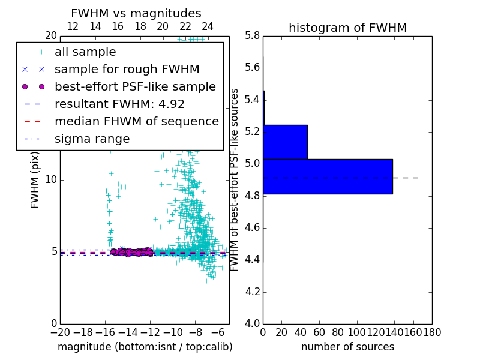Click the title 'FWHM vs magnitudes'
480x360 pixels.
[136, 13]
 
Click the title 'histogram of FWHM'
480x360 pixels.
[347, 28]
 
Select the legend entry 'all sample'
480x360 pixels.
[85, 52]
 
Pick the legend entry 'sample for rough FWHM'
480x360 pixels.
[127, 70]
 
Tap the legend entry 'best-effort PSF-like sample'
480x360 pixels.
[135, 87]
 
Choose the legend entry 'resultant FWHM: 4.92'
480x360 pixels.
[119, 104]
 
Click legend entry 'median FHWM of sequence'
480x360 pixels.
[136, 122]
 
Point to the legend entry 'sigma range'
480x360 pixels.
[92, 139]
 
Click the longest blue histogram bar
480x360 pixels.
[328, 176]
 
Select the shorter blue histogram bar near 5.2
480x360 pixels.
[285, 142]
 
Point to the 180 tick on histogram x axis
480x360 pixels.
[432, 332]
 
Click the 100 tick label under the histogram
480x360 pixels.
[357, 332]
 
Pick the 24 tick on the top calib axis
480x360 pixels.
[208, 26]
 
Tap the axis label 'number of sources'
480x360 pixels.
[347, 347]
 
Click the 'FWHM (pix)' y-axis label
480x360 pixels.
[35, 179]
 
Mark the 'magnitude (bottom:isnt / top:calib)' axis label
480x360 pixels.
[145, 347]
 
